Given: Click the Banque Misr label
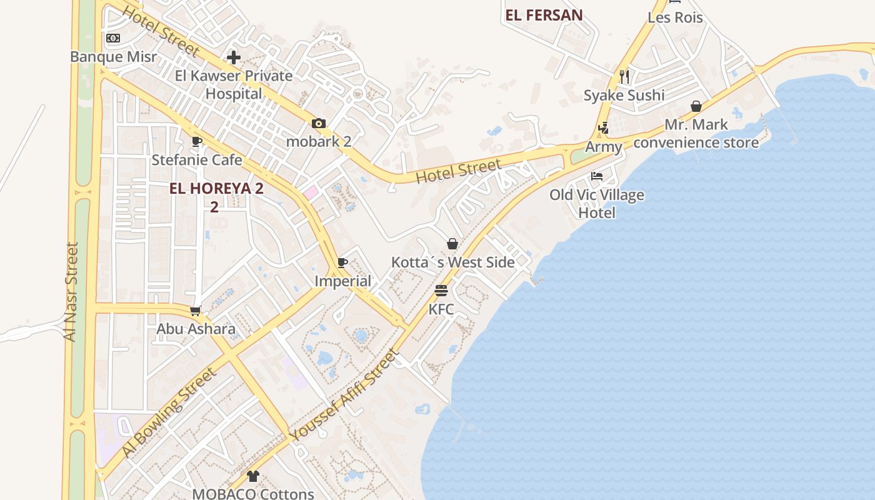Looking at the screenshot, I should point(113,57).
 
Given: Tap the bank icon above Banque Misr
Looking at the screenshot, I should point(113,38).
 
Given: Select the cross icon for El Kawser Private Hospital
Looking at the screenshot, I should point(234,58).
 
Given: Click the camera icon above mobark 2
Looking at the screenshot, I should point(319,123).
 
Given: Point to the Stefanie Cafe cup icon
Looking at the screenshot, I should point(197,142).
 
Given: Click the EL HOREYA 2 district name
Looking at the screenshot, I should point(216,189).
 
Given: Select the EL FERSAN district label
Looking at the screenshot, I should point(544,16).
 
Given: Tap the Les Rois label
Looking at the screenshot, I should point(675,17).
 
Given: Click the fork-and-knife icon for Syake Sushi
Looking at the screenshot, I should point(624,77).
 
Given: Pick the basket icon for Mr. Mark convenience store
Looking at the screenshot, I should point(696,107).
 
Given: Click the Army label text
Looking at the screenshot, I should point(603,147).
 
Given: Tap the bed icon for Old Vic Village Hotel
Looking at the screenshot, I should point(597,176).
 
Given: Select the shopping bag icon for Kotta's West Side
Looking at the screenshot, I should point(452,244).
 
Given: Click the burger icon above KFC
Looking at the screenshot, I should point(441,291).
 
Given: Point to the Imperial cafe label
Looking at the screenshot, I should point(342,281).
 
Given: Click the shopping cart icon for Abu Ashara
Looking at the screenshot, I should point(196,311).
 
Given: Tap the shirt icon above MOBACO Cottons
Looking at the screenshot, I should point(252,476).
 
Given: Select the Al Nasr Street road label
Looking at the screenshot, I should point(71,291).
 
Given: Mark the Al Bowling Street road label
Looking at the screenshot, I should point(169,412).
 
